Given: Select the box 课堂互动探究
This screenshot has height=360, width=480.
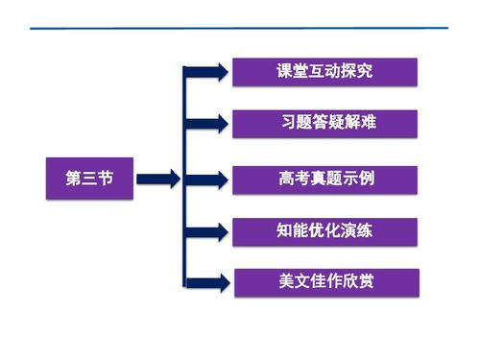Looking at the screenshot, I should pyautogui.click(x=324, y=72).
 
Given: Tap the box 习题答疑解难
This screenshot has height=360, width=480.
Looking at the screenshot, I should pyautogui.click(x=324, y=124).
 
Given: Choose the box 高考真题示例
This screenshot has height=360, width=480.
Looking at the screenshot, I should pyautogui.click(x=324, y=179).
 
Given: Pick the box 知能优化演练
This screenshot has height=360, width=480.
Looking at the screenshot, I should pyautogui.click(x=324, y=231).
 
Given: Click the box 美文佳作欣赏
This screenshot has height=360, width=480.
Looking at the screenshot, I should pyautogui.click(x=324, y=282).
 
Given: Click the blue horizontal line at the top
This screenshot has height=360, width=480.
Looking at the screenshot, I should pyautogui.click(x=240, y=28).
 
